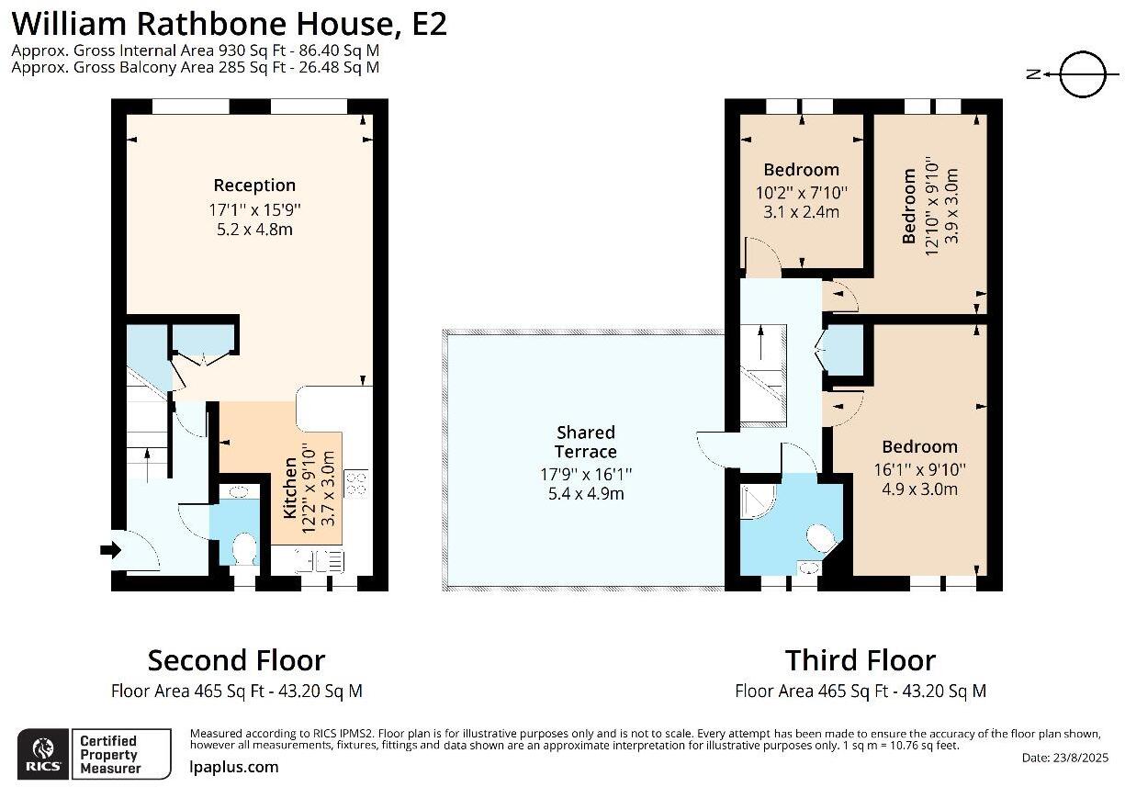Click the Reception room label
point(254,186)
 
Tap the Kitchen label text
point(290,489)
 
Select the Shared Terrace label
point(586,442)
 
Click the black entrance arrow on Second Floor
point(110,550)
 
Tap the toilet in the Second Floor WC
point(244,549)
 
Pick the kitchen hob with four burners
point(355,482)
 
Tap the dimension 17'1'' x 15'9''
point(254,209)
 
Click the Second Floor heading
point(236,660)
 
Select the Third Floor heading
point(860,660)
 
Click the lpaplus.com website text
point(233,767)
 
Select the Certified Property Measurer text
point(108,754)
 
